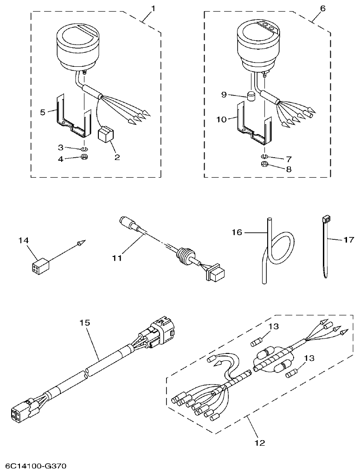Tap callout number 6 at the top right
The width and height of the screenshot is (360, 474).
(x=323, y=8)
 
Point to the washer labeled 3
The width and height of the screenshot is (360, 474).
(x=84, y=149)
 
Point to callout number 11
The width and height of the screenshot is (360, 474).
(x=117, y=257)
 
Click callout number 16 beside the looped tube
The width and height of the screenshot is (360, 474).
(x=238, y=232)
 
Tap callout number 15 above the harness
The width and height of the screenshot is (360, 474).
(x=84, y=322)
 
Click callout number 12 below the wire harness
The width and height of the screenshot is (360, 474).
(x=260, y=443)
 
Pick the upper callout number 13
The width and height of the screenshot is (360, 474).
(x=274, y=327)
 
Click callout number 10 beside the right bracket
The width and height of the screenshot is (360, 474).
(x=222, y=119)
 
